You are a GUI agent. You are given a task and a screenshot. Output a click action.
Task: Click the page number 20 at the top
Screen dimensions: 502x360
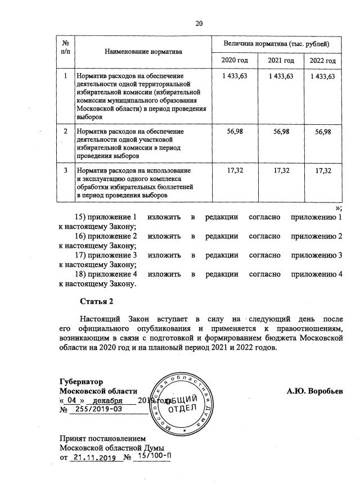coord(199,23)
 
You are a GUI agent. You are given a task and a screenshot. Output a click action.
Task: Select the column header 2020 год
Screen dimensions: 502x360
coord(232,60)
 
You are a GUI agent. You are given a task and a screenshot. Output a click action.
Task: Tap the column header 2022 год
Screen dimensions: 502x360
coord(323,61)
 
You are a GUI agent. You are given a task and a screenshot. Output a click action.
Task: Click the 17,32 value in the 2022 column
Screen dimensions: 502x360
coord(323,170)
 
